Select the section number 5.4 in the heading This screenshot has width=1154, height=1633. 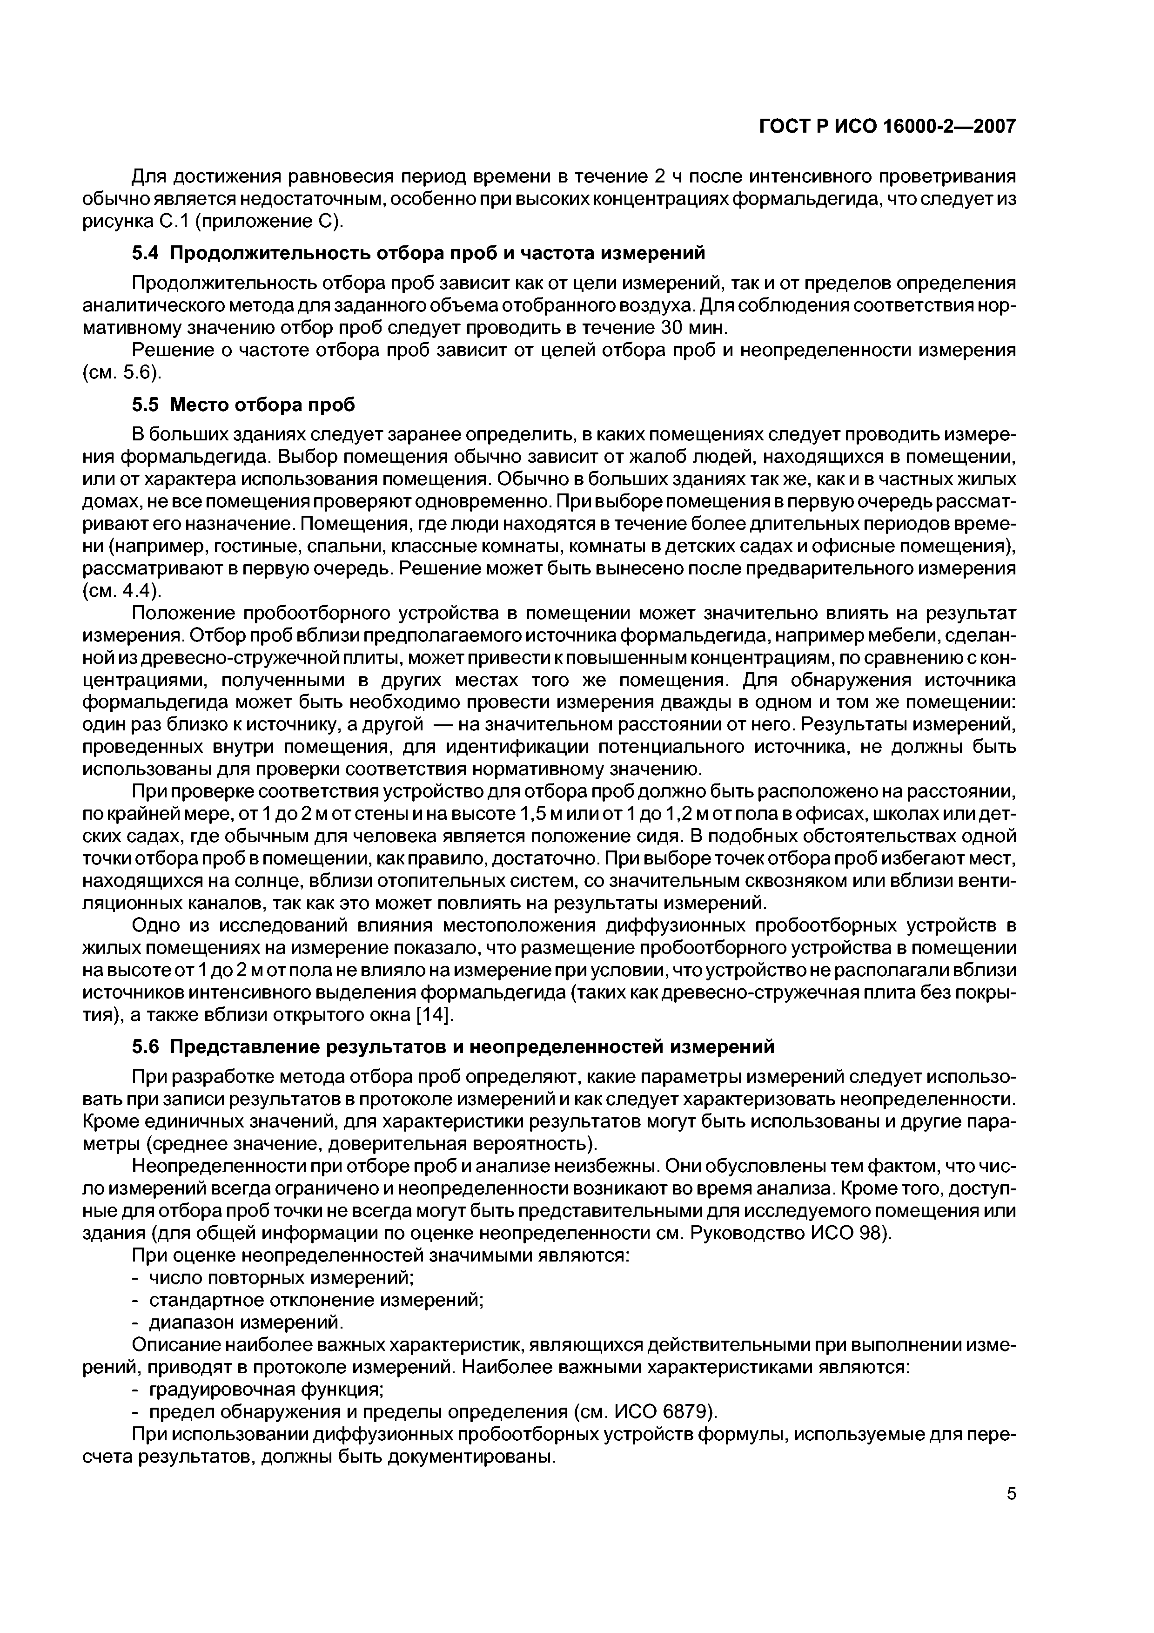click(x=147, y=252)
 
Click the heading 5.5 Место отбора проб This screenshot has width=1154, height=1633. click(x=243, y=405)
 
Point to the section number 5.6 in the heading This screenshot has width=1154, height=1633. click(x=147, y=1046)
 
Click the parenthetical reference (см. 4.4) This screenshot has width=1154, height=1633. click(x=121, y=591)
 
